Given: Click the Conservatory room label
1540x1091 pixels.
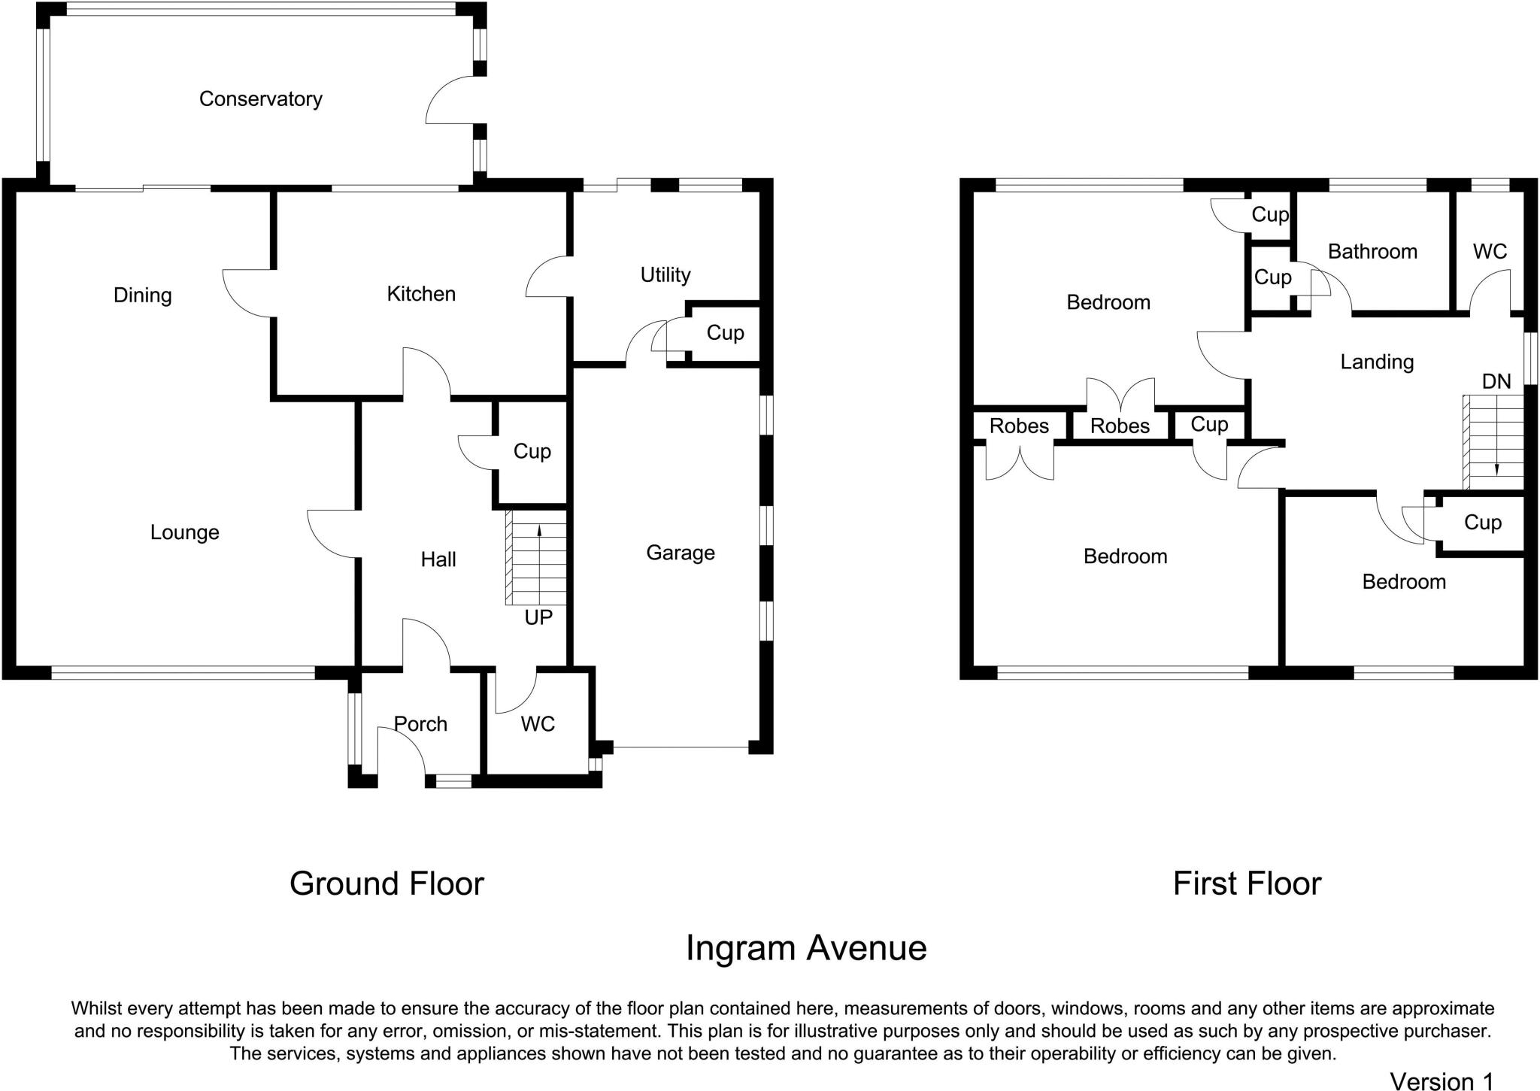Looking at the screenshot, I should pyautogui.click(x=260, y=98).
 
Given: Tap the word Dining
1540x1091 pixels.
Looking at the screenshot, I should pyautogui.click(x=142, y=295).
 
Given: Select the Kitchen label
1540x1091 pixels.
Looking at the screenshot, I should pyautogui.click(x=421, y=293).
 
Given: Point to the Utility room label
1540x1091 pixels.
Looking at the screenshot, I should pyautogui.click(x=665, y=274).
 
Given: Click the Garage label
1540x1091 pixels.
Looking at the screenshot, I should pyautogui.click(x=680, y=553).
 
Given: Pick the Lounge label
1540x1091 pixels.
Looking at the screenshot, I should pyautogui.click(x=184, y=532).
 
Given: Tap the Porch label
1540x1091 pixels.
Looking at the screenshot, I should pyautogui.click(x=420, y=723).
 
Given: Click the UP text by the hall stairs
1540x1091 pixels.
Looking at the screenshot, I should pyautogui.click(x=538, y=617).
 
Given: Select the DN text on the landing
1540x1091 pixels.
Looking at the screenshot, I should pyautogui.click(x=1496, y=381).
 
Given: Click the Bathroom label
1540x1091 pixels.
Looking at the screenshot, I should pyautogui.click(x=1372, y=251).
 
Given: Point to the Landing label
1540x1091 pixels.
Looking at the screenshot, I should pyautogui.click(x=1377, y=362).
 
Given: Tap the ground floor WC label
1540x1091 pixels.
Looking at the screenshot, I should pyautogui.click(x=538, y=723).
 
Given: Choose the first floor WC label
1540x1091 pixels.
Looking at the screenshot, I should pyautogui.click(x=1490, y=251).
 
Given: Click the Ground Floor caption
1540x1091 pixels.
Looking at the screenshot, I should pyautogui.click(x=387, y=883).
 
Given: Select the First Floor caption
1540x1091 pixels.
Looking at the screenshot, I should pyautogui.click(x=1247, y=883).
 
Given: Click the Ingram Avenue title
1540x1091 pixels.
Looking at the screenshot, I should pyautogui.click(x=805, y=947).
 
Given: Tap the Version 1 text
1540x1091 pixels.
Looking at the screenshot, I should pyautogui.click(x=1441, y=1080).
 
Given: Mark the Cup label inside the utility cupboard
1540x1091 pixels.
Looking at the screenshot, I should pyautogui.click(x=725, y=332).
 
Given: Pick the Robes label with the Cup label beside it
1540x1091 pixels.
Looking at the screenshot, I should pyautogui.click(x=1120, y=426).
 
